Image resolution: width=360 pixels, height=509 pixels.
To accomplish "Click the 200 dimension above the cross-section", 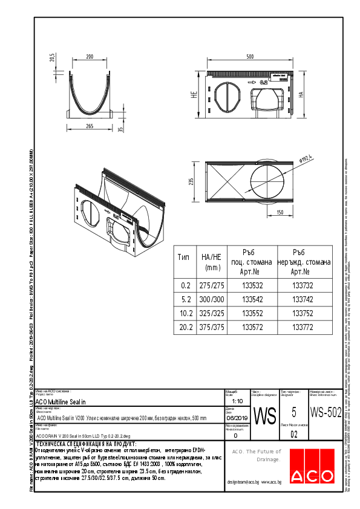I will (x=90, y=56).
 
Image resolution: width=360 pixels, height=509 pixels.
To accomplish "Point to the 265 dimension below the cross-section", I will (x=89, y=126).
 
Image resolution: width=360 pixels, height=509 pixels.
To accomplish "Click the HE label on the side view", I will (x=194, y=96).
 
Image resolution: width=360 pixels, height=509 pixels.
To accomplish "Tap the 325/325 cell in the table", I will (x=209, y=313).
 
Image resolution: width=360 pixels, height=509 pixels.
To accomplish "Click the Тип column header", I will (x=183, y=256).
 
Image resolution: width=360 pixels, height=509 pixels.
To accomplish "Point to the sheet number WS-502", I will (x=325, y=412).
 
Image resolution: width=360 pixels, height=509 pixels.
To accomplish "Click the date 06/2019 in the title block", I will (x=236, y=418).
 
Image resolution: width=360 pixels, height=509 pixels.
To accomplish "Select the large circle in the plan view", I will (x=265, y=182).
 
